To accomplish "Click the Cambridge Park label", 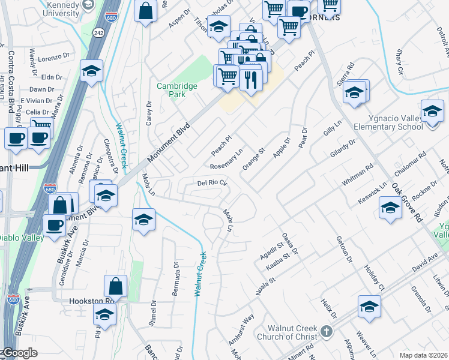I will pos(177,90).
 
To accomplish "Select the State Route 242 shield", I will pos(100,32).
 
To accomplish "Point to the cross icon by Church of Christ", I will pos(325,331).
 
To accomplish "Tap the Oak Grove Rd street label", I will pos(408,203).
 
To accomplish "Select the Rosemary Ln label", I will pos(227,158).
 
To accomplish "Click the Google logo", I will pos(19,353).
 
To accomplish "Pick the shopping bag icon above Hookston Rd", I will pos(115,286).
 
